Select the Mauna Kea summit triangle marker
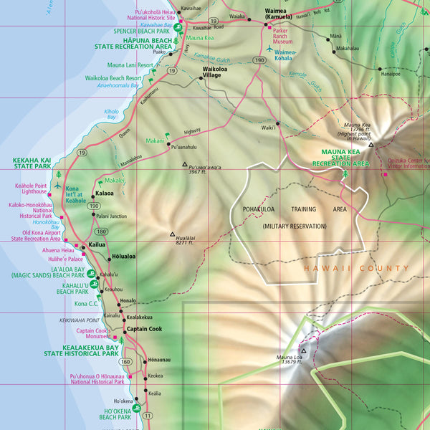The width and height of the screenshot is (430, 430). pyautogui.click(x=371, y=145)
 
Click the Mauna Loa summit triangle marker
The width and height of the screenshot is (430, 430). pyautogui.click(x=303, y=351)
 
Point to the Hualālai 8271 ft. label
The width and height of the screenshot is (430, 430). pyautogui.click(x=186, y=239)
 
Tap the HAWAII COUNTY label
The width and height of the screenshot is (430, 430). pyautogui.click(x=356, y=268)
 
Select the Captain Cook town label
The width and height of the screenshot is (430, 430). pyautogui.click(x=145, y=329)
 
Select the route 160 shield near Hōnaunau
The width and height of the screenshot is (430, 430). pyautogui.click(x=125, y=362)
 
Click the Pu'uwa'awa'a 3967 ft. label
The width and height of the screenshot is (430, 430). pyautogui.click(x=205, y=170)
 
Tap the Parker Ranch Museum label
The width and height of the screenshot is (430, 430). pyautogui.click(x=288, y=34)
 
